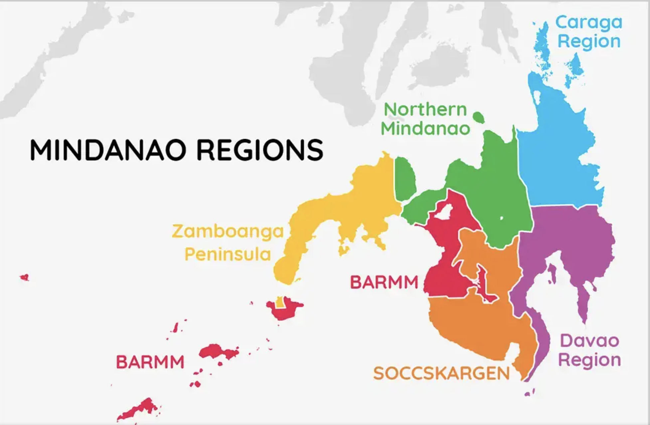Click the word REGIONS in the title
click(259, 150)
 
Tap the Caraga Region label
click(588, 32)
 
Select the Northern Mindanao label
click(425, 119)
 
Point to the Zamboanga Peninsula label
click(228, 243)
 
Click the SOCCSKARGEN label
click(441, 373)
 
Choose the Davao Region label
click(589, 350)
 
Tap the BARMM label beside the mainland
click(384, 282)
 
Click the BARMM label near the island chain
click(150, 362)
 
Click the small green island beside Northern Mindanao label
click(478, 117)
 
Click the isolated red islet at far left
click(24, 277)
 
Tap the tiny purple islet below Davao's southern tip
click(528, 394)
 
